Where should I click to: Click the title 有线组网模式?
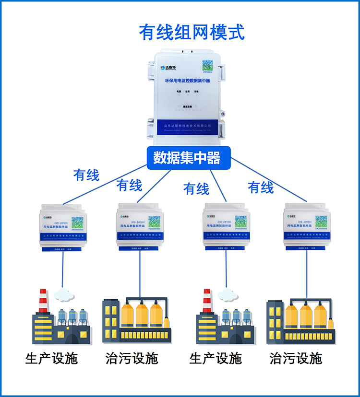click(x=192, y=32)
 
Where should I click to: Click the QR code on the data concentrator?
click(x=207, y=67)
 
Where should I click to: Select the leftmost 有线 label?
click(x=86, y=175)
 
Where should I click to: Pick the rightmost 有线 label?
click(x=260, y=187)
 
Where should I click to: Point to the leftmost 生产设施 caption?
click(x=51, y=358)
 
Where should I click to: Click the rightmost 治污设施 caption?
click(x=296, y=358)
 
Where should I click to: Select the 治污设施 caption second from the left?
click(x=132, y=358)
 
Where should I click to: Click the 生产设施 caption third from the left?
click(x=216, y=358)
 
